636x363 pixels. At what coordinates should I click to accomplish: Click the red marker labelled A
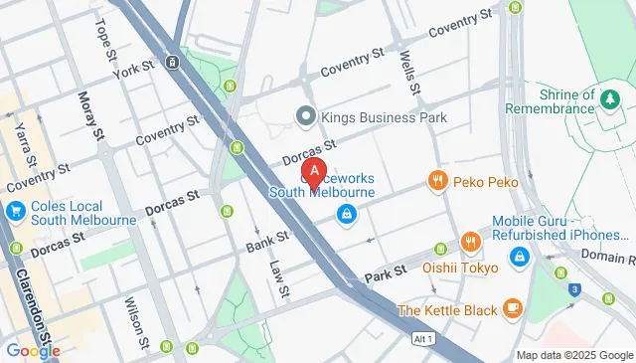click(x=314, y=172)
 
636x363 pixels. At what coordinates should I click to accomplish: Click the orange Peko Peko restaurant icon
click(x=436, y=181)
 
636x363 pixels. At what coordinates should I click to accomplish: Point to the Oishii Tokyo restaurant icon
click(x=470, y=242)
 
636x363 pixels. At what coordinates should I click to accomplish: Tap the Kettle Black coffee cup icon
click(x=512, y=308)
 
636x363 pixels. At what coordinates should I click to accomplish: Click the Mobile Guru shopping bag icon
click(x=519, y=257)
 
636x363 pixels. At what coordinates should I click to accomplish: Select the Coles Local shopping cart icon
click(x=15, y=212)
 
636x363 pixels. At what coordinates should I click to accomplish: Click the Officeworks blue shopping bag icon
click(x=346, y=213)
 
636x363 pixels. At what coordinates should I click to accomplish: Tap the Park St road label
click(x=387, y=272)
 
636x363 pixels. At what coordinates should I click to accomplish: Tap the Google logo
click(x=32, y=350)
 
